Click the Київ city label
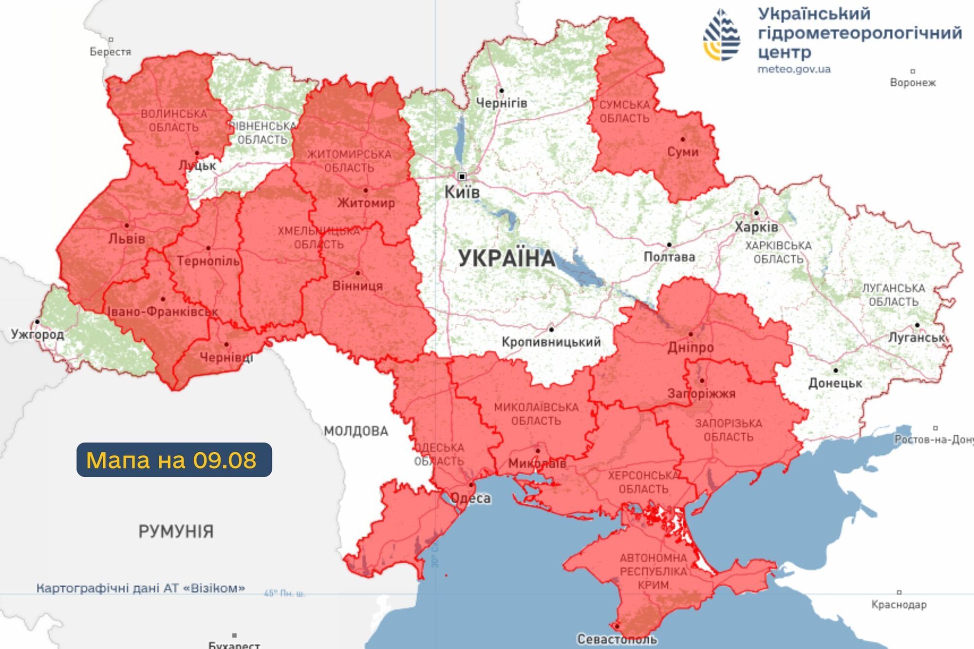pyautogui.click(x=462, y=192)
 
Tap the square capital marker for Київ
pyautogui.click(x=462, y=176)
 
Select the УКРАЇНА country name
pyautogui.click(x=506, y=259)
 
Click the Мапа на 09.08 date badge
pyautogui.click(x=174, y=460)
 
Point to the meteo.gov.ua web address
pyautogui.click(x=794, y=69)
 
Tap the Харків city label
pyautogui.click(x=756, y=227)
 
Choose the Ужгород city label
pyautogui.click(x=37, y=334)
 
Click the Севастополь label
pyautogui.click(x=617, y=639)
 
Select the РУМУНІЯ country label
pyautogui.click(x=176, y=531)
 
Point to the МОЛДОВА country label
pyautogui.click(x=356, y=431)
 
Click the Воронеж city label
pyautogui.click(x=913, y=82)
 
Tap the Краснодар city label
pyautogui.click(x=899, y=605)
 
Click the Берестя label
pyautogui.click(x=110, y=52)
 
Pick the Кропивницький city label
pyautogui.click(x=551, y=342)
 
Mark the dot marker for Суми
pyautogui.click(x=683, y=139)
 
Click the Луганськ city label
pyautogui.click(x=917, y=337)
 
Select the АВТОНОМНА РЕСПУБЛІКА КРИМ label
pyautogui.click(x=653, y=572)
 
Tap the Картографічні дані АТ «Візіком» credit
pyautogui.click(x=140, y=588)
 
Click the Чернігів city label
pyautogui.click(x=501, y=103)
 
